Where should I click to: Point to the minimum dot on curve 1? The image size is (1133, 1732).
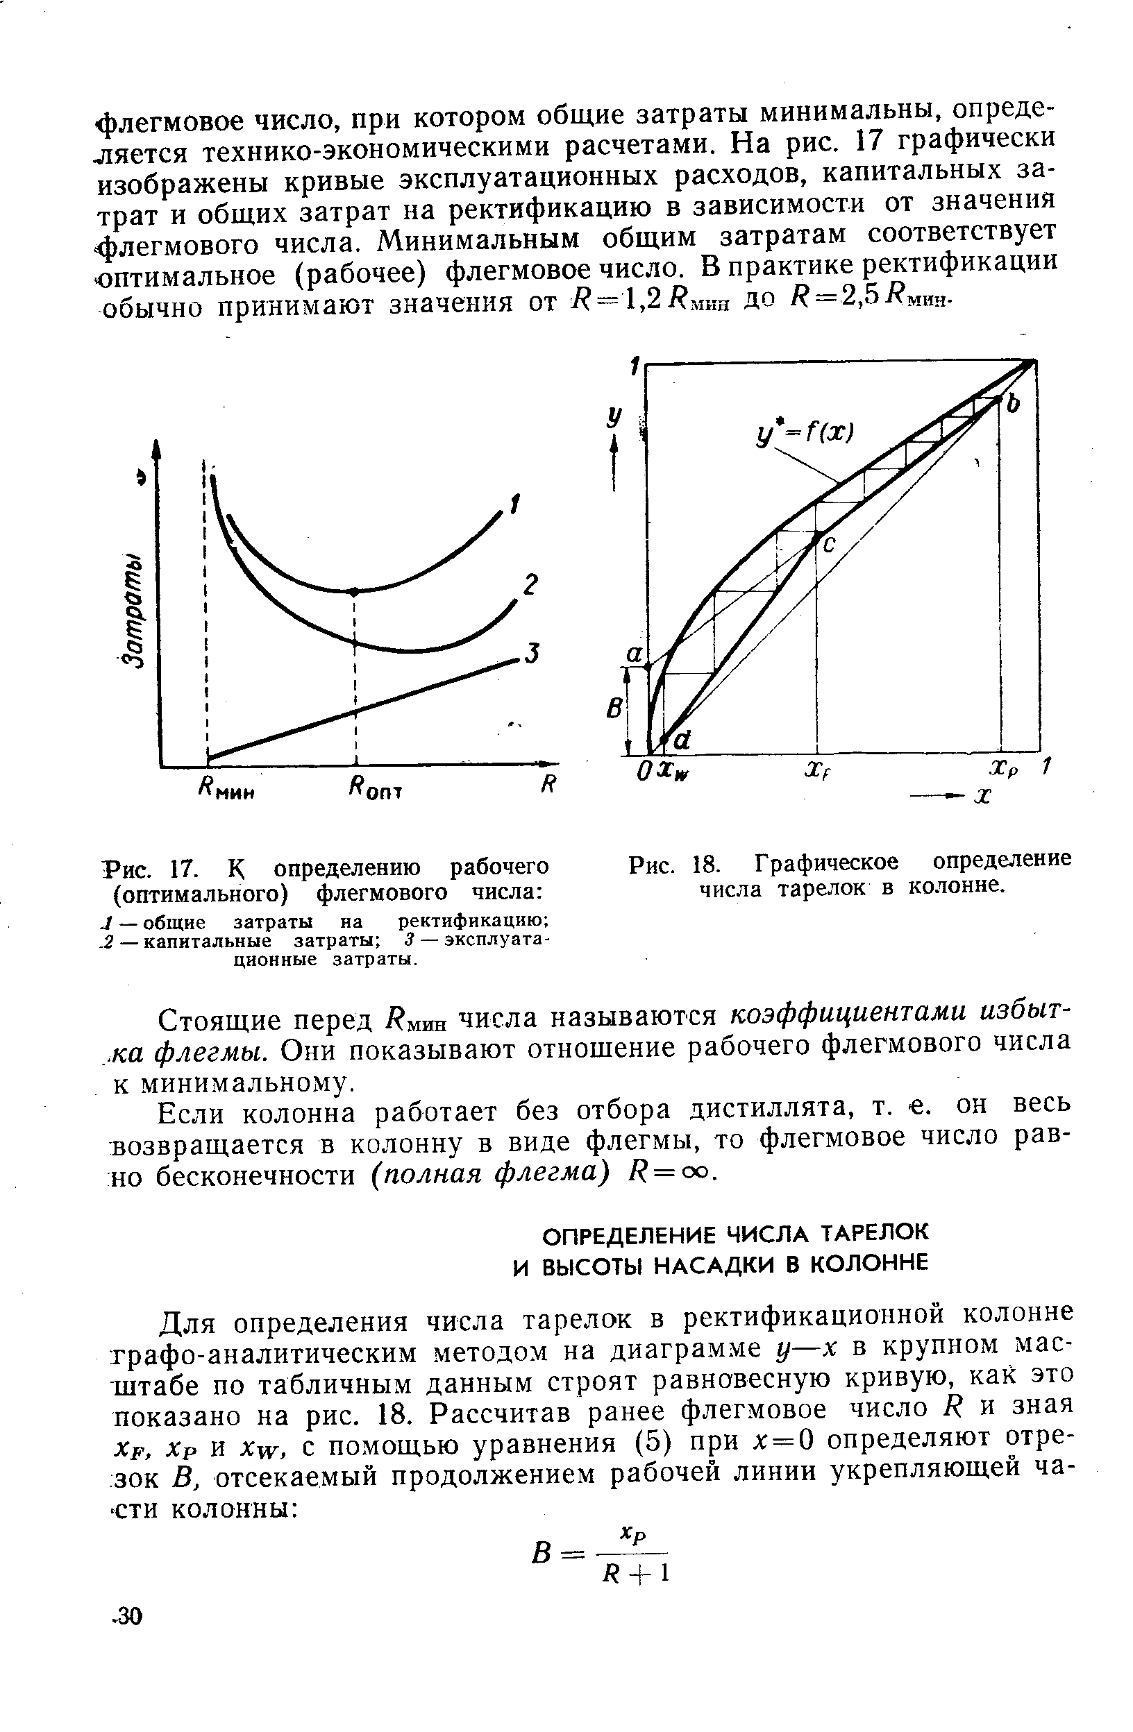tap(355, 592)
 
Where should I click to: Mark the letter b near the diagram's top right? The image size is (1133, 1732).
tap(1013, 405)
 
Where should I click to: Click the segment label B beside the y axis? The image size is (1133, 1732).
tap(614, 708)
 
